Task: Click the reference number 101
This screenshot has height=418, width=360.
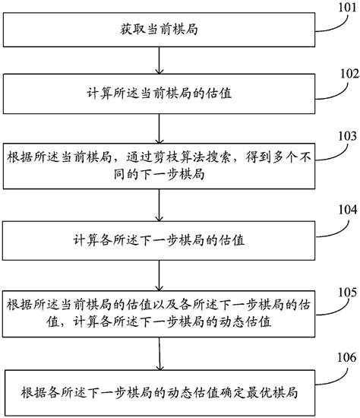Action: click(x=345, y=10)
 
